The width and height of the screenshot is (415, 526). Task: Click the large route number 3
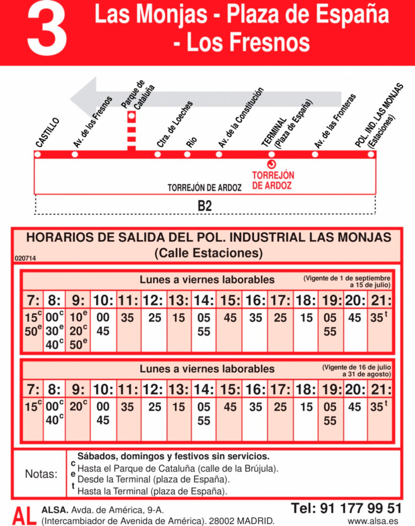tap(47, 29)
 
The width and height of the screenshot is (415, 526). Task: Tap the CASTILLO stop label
tap(48, 133)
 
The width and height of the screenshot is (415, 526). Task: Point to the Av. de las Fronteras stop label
tap(335, 121)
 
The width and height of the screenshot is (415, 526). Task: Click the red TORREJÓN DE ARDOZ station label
tap(272, 181)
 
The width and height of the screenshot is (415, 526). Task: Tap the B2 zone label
tap(204, 206)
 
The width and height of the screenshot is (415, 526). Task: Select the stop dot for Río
tap(188, 154)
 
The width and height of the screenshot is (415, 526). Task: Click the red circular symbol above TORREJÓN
tap(271, 165)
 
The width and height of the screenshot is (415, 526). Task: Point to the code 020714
tap(25, 259)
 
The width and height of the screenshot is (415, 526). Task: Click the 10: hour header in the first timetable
tap(103, 301)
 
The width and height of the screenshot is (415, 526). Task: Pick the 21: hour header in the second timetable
tap(380, 390)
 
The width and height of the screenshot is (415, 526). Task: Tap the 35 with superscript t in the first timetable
tap(379, 318)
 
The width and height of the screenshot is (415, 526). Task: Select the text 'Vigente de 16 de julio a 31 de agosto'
tap(357, 370)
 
